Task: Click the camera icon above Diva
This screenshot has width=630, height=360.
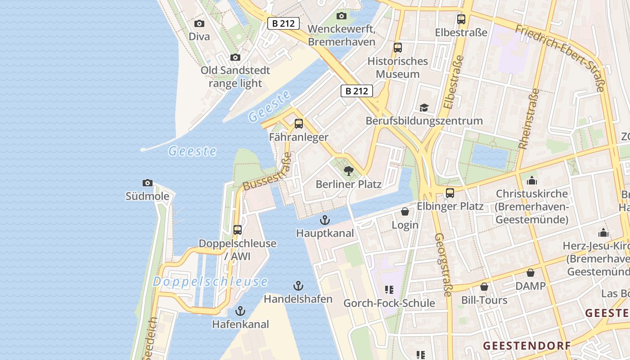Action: click(x=199, y=24)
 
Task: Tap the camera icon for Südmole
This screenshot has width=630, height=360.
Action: click(x=147, y=183)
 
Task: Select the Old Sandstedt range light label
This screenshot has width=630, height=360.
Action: click(x=235, y=76)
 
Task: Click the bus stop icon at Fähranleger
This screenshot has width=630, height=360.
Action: click(x=298, y=124)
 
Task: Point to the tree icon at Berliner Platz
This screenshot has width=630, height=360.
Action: click(x=348, y=171)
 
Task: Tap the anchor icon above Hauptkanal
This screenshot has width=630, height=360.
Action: click(x=324, y=220)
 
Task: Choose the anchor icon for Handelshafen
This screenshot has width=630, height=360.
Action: click(x=298, y=286)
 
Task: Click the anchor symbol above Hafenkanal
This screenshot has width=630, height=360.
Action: click(x=240, y=311)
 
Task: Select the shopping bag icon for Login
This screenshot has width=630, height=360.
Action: click(x=405, y=211)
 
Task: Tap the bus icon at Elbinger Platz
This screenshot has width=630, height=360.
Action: click(x=450, y=193)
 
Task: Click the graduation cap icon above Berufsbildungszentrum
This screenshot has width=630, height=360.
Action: click(x=424, y=108)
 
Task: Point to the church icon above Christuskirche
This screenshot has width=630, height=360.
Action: click(x=532, y=180)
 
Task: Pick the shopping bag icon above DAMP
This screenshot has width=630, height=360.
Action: click(x=531, y=273)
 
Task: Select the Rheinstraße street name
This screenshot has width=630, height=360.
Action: click(x=529, y=119)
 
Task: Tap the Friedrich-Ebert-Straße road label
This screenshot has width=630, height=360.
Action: click(x=560, y=57)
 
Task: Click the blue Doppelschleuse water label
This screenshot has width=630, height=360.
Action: click(x=210, y=282)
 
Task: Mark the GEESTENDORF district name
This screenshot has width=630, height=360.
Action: click(x=526, y=346)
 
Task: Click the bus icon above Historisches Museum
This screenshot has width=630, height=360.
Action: click(x=397, y=48)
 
